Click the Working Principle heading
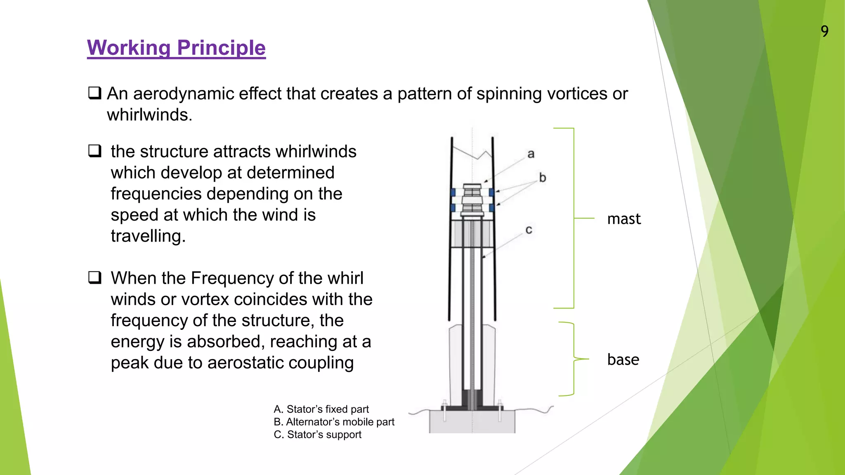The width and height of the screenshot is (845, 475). [176, 48]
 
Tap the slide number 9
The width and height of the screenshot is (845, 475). [824, 31]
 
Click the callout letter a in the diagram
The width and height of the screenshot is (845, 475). [531, 154]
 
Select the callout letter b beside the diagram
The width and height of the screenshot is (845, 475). [543, 178]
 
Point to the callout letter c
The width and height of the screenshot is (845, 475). [529, 230]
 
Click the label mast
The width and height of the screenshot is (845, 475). [624, 219]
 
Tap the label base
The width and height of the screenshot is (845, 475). [623, 360]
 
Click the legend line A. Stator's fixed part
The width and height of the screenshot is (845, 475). [321, 409]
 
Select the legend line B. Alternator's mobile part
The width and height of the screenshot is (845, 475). [334, 422]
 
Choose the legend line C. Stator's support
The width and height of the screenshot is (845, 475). [317, 435]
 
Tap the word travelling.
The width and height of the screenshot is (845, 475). [148, 236]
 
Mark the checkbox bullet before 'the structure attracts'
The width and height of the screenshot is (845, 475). [95, 151]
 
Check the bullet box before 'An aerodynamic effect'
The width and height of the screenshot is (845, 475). [95, 93]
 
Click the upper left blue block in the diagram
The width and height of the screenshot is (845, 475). [453, 193]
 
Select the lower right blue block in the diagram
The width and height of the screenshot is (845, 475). [491, 207]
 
